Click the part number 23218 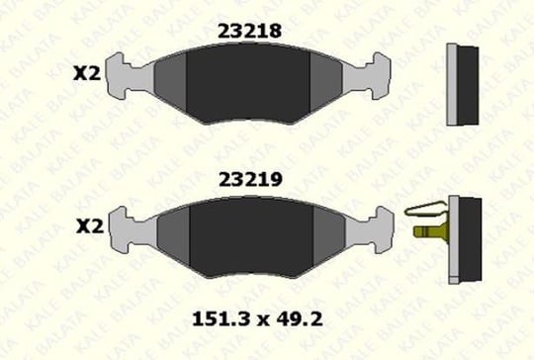tap(249, 31)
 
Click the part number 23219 tap(250, 179)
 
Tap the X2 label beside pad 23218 tap(87, 73)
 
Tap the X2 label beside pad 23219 tap(90, 226)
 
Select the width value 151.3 tap(222, 319)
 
